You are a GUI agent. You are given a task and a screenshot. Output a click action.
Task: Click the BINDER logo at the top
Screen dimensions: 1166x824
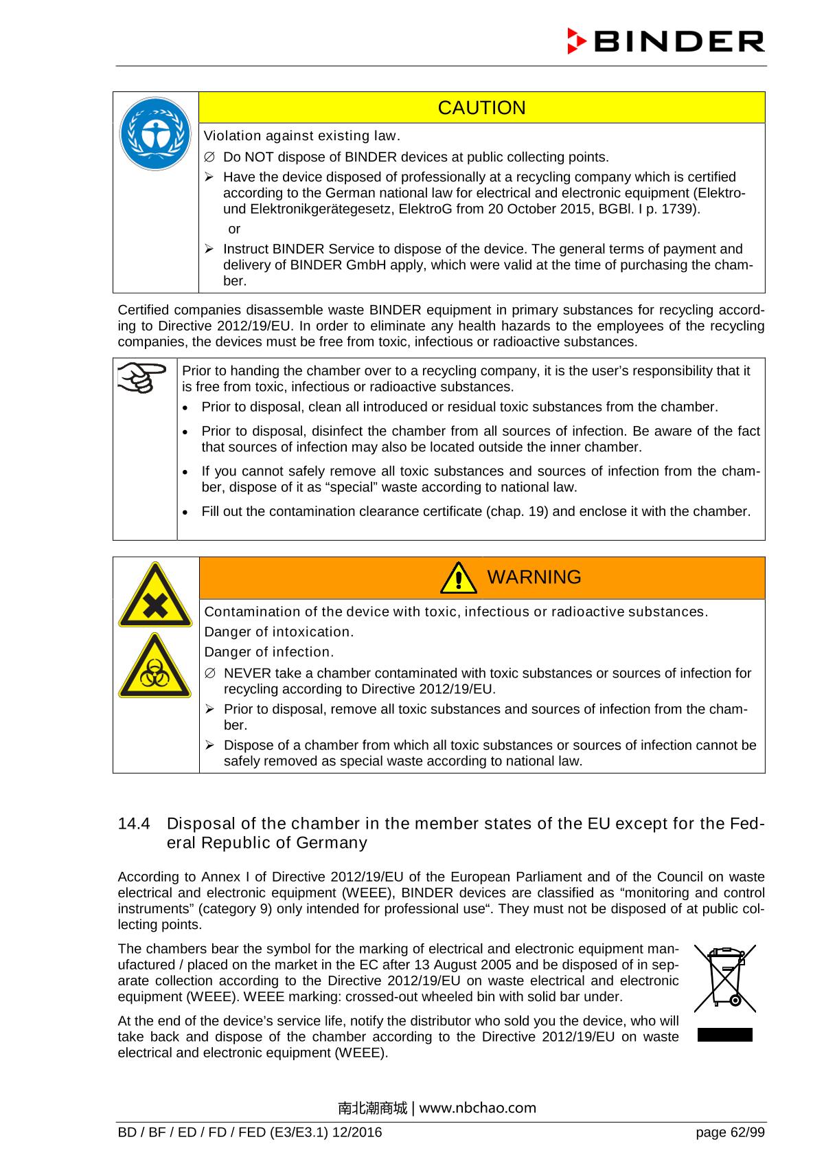pyautogui.click(x=665, y=41)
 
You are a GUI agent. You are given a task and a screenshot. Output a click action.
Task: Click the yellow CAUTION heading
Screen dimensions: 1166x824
pyautogui.click(x=481, y=108)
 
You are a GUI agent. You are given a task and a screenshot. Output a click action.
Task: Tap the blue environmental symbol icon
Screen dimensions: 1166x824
pyautogui.click(x=155, y=135)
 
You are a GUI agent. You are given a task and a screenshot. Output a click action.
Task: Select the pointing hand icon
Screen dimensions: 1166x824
pyautogui.click(x=142, y=377)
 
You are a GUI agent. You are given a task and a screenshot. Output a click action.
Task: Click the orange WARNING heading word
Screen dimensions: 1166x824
pyautogui.click(x=534, y=577)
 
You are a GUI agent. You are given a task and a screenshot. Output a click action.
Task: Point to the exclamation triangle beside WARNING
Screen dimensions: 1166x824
pyautogui.click(x=458, y=578)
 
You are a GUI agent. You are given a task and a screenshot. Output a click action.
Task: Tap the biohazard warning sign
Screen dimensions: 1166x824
pyautogui.click(x=155, y=666)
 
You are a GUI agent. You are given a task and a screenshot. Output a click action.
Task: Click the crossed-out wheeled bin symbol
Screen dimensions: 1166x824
pyautogui.click(x=724, y=978)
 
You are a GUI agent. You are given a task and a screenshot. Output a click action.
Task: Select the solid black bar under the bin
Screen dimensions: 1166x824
pyautogui.click(x=724, y=1035)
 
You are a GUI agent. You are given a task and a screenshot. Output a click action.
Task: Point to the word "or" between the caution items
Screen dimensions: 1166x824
pyautogui.click(x=234, y=229)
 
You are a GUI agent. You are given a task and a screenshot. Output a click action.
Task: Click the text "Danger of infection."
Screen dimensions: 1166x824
pyautogui.click(x=269, y=651)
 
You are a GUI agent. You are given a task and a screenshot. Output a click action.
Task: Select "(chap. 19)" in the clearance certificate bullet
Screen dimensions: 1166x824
pyautogui.click(x=517, y=511)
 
